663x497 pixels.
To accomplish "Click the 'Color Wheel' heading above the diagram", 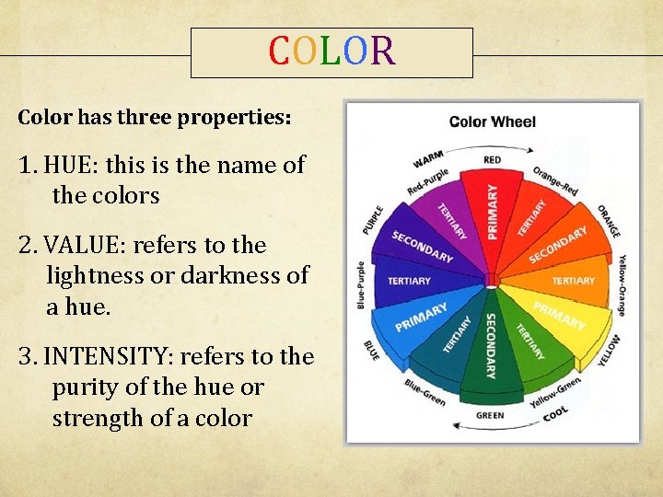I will tap(492, 121).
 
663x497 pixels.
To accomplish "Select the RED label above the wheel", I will tap(493, 160).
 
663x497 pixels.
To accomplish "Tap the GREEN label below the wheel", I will tap(490, 416).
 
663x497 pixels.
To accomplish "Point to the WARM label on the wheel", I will tap(427, 157).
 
